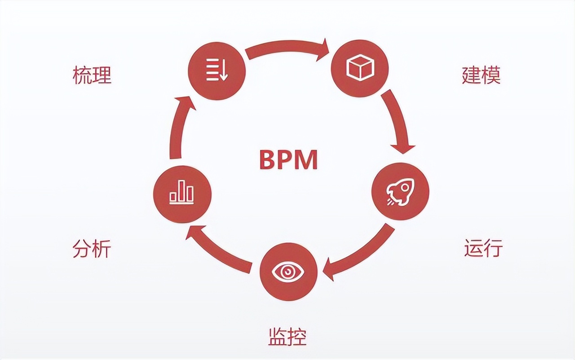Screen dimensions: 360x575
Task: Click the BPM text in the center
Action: coord(288,159)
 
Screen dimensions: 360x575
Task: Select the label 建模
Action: coord(481,75)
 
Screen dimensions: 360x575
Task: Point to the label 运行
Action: coord(483,248)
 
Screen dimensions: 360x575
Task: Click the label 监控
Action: coord(287,336)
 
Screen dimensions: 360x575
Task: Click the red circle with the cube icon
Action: coord(360,68)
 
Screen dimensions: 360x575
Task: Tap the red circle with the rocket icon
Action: coord(400,191)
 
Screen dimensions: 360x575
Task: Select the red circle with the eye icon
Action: coord(288,272)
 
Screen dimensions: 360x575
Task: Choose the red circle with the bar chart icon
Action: coord(182,194)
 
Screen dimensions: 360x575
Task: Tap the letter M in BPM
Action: coord(307,159)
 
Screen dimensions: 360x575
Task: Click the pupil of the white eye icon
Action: coord(288,272)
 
